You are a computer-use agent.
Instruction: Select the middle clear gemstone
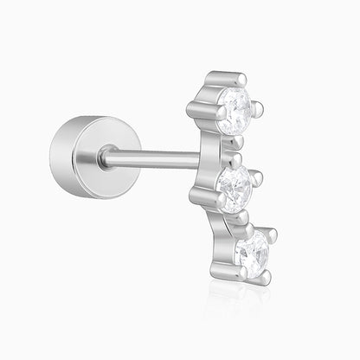[235, 183]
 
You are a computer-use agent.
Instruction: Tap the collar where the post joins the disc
[106, 157]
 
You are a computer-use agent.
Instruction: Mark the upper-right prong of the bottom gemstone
[272, 234]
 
